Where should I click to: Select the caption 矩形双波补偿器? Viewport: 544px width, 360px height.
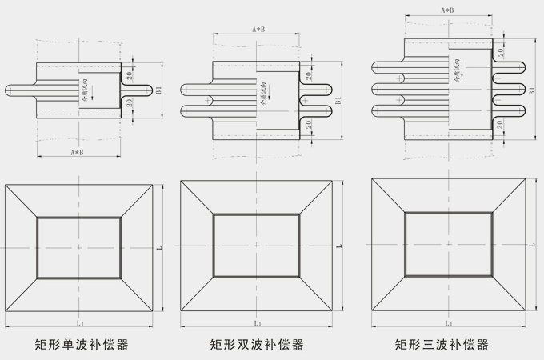click(257, 346)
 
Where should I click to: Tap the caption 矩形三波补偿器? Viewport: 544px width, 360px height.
click(442, 346)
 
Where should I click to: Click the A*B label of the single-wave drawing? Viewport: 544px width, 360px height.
click(78, 151)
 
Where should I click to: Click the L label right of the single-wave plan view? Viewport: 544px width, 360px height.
click(159, 250)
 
